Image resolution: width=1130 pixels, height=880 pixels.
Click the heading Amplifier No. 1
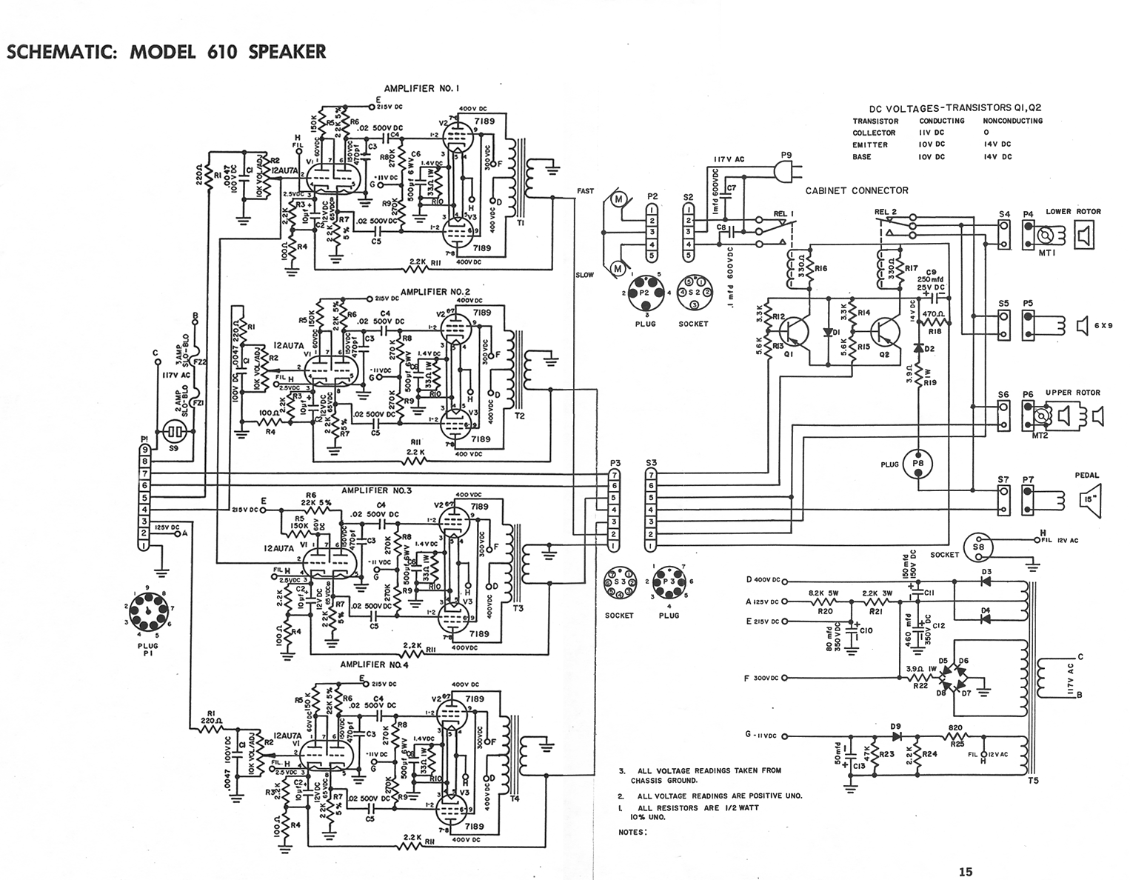pos(422,89)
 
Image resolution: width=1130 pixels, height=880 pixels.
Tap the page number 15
pos(965,872)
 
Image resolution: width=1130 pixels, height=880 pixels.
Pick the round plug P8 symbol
pos(919,464)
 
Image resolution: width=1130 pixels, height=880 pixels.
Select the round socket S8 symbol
pos(978,547)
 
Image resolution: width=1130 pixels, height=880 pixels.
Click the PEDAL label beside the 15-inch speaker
pos(1086,476)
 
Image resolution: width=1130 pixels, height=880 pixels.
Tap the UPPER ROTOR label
pos(1072,393)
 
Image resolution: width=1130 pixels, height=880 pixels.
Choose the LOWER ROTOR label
pos(1073,212)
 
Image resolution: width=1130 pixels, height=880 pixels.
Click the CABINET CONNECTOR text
pos(856,190)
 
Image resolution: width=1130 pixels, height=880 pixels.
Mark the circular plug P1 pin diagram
pos(150,612)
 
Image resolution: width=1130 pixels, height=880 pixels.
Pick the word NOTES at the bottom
pos(632,832)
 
